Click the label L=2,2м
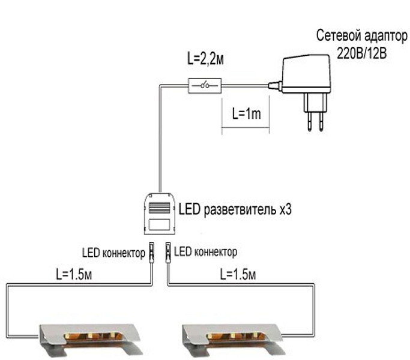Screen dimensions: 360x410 (x=207, y=59)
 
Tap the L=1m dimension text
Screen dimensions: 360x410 (x=245, y=113)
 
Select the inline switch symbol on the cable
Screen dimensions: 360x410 (x=205, y=86)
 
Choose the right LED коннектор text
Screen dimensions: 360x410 (x=205, y=251)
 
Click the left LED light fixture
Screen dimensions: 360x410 (x=91, y=336)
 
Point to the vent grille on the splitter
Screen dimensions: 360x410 (x=159, y=208)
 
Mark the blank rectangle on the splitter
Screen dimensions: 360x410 (x=159, y=225)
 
